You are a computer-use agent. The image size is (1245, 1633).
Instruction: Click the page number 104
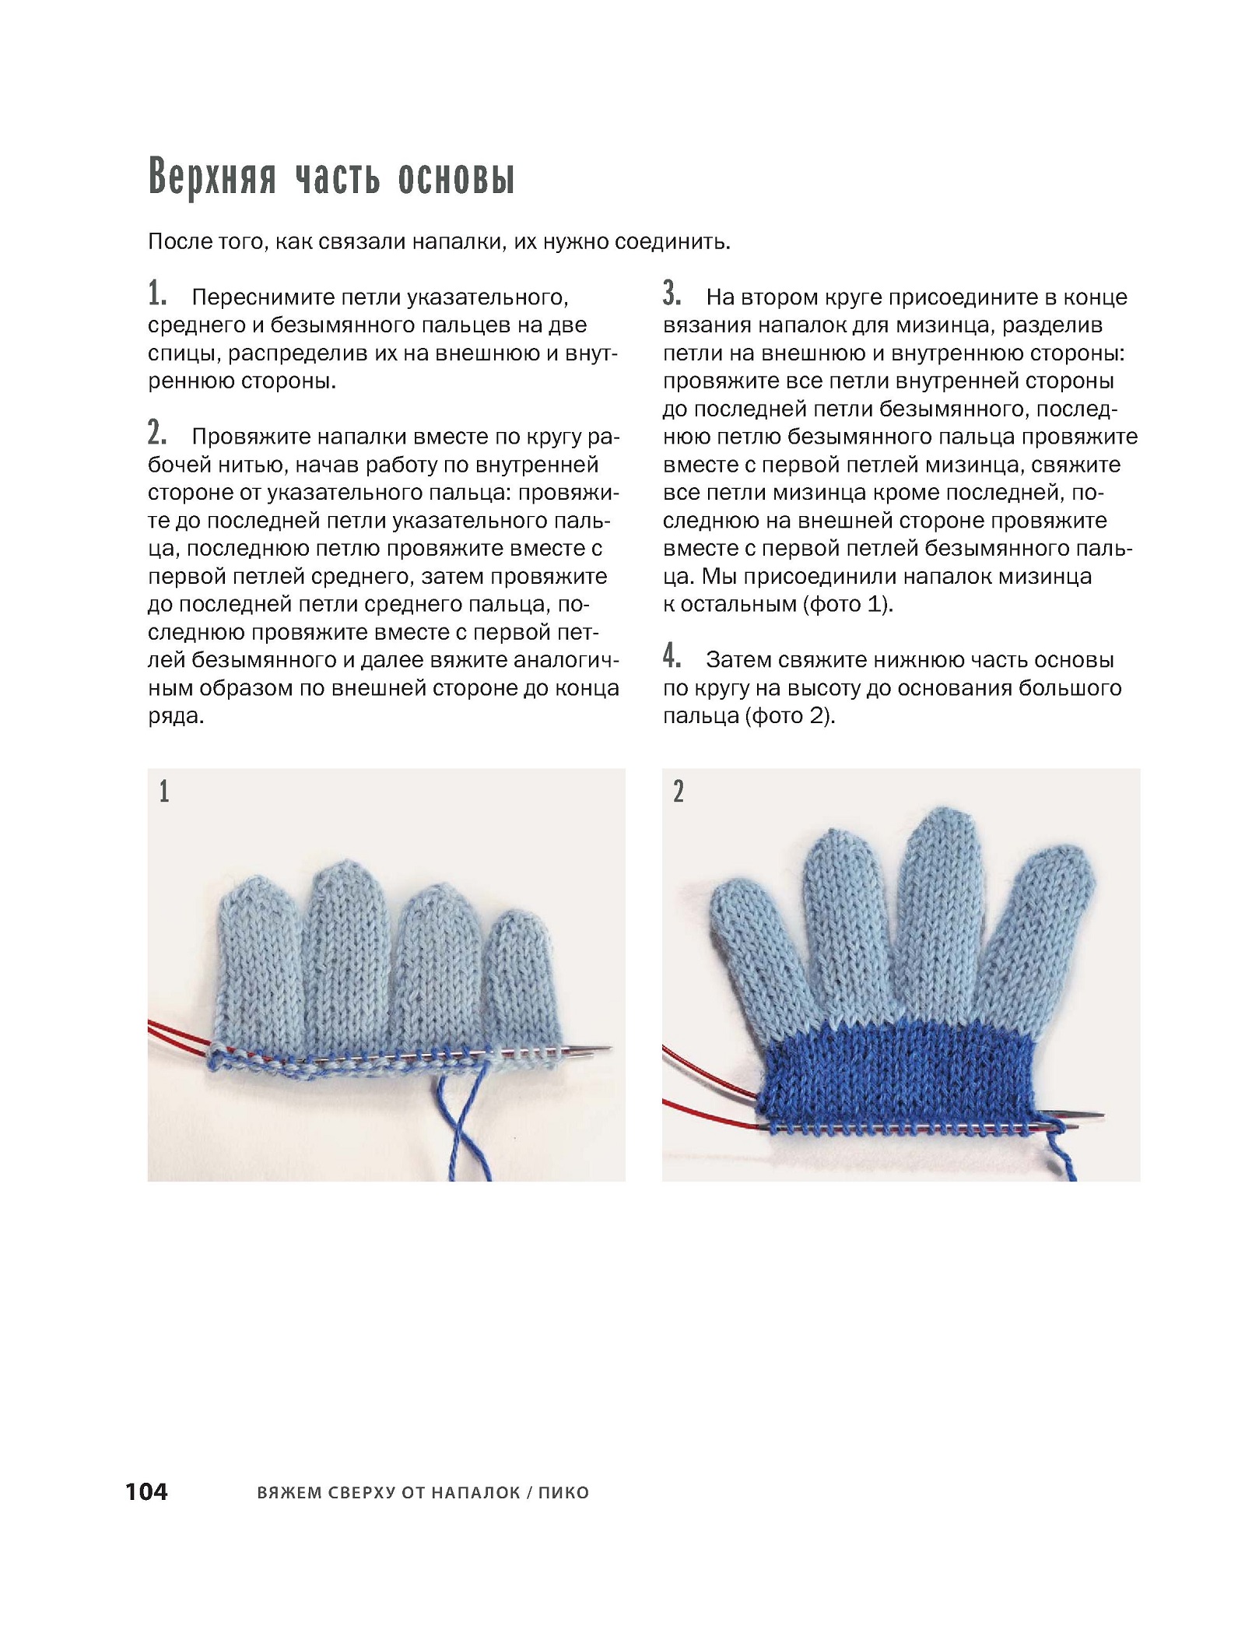point(146,1491)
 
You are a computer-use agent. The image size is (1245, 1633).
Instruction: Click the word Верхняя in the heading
point(212,179)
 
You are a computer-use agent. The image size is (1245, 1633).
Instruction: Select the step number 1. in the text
point(157,295)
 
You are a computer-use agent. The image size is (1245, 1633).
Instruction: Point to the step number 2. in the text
point(157,433)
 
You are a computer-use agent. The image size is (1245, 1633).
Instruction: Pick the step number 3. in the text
point(672,295)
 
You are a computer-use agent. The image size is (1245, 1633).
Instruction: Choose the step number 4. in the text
point(672,657)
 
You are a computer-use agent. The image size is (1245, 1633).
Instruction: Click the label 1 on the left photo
point(164,792)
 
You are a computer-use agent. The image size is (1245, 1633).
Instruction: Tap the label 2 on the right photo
point(679,792)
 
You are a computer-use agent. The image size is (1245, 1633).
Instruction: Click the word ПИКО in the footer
point(563,1493)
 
